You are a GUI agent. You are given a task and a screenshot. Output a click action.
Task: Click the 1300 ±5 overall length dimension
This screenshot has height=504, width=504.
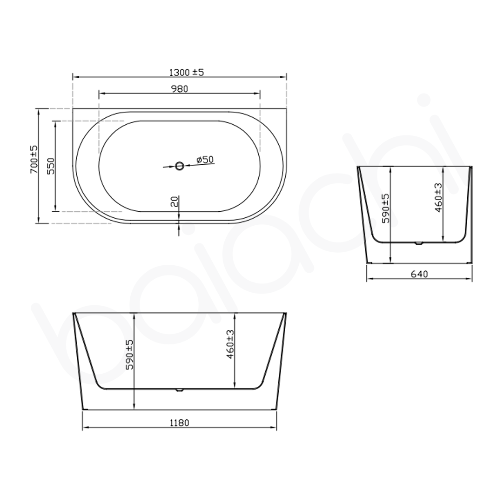point(187,72)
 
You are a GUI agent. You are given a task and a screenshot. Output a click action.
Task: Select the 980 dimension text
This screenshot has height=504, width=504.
point(179,89)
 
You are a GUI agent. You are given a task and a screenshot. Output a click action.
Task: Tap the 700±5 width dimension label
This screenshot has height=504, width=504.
point(34,160)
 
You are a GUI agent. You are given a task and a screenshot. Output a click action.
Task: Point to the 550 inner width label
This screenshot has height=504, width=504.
point(51,166)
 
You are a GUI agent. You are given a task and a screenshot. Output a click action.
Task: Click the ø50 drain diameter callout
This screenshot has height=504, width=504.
point(205,160)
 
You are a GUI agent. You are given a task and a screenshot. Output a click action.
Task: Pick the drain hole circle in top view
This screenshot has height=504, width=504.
point(180,165)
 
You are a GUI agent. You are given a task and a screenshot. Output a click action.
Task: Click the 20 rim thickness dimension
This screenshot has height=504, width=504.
point(174,202)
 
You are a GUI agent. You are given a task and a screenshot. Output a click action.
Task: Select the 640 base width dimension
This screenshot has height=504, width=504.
point(419,274)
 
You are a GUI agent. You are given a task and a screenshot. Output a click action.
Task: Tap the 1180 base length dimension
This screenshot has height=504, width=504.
point(179,423)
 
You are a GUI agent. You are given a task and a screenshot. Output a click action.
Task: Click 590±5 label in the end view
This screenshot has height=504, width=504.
point(386,208)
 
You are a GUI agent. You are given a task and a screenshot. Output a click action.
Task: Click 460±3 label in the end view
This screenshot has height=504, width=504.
point(438,197)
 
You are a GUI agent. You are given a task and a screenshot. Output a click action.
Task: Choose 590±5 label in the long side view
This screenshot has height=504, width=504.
point(130,355)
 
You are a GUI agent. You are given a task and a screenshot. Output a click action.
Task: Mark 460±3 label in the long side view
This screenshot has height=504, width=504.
point(230,344)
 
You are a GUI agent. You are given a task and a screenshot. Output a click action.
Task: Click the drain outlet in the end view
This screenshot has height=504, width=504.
point(418,243)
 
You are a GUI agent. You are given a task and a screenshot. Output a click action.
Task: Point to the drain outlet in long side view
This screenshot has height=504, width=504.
point(179,390)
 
